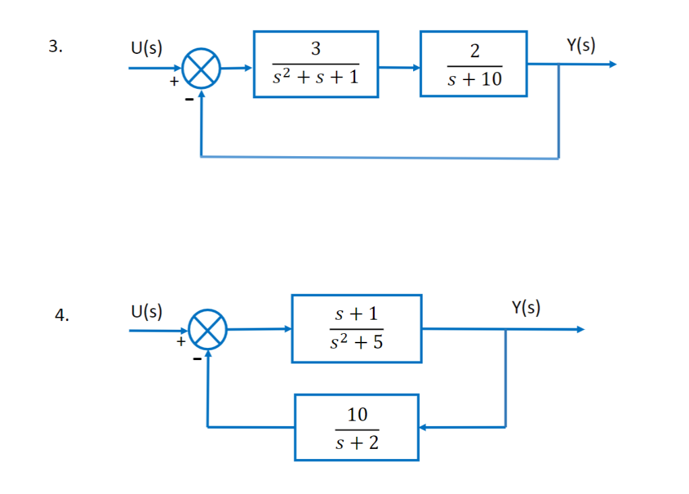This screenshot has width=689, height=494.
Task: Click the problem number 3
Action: click(x=56, y=47)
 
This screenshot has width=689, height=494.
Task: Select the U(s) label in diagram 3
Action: click(x=146, y=48)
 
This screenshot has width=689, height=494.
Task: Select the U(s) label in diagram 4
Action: click(x=146, y=311)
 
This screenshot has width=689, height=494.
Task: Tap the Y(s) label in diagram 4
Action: click(x=526, y=308)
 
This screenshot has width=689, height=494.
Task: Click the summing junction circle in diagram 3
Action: click(x=201, y=69)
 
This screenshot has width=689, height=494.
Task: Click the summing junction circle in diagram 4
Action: click(x=208, y=330)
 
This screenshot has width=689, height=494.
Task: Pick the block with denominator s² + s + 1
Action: click(x=316, y=65)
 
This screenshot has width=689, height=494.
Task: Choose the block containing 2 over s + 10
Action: click(x=474, y=64)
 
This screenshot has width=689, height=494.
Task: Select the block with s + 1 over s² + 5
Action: click(x=357, y=328)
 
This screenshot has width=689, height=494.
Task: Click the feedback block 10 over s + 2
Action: click(x=357, y=427)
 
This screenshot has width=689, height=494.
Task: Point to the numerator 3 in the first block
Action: click(x=316, y=48)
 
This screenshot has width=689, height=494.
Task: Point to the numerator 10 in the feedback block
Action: click(x=357, y=415)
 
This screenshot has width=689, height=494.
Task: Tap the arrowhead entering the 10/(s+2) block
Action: click(x=423, y=427)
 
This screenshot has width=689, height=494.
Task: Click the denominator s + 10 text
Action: click(x=474, y=80)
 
